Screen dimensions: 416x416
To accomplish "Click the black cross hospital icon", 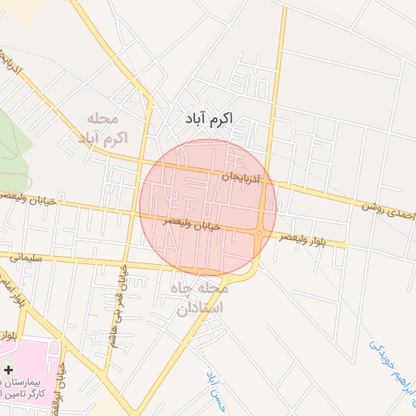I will point(9,370).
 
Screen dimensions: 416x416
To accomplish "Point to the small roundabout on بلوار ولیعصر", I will point(258,233).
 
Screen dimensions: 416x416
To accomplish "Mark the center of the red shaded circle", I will point(208,208).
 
